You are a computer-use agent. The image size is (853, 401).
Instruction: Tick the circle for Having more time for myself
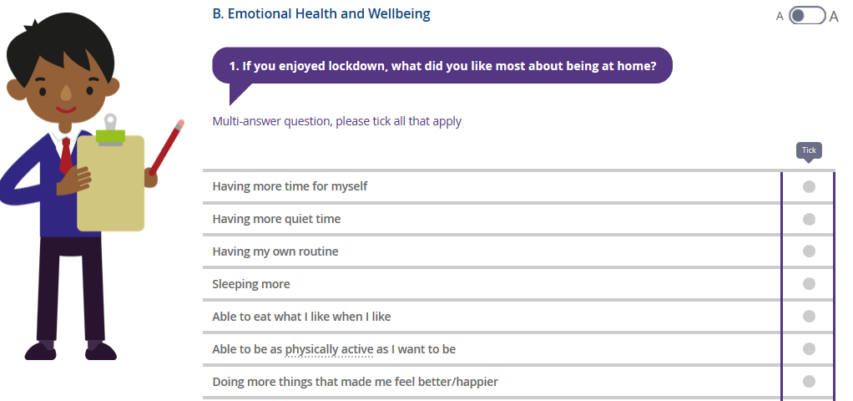tap(809, 187)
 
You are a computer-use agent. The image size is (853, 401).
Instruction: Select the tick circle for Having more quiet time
tap(809, 219)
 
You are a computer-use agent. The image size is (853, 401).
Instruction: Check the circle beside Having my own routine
tap(809, 251)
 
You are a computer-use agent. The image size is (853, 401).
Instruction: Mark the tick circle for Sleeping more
tap(809, 284)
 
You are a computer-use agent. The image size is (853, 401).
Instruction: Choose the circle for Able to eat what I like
tap(809, 316)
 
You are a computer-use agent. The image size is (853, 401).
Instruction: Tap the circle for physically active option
tap(809, 348)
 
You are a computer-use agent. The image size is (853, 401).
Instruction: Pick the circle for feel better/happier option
tap(809, 382)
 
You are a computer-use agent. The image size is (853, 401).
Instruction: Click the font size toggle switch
tap(807, 16)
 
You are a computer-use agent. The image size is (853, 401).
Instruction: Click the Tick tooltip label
tap(809, 150)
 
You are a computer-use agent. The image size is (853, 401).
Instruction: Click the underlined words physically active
tap(329, 349)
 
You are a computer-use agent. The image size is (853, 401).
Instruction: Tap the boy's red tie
tap(66, 155)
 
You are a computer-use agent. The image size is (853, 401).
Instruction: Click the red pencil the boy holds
tap(166, 147)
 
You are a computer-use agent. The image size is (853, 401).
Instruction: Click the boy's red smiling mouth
tap(66, 109)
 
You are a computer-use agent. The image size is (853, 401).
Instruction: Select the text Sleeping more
tap(250, 284)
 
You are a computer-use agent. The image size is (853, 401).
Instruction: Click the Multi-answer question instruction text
tap(336, 121)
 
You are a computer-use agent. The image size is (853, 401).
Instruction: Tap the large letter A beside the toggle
tap(834, 17)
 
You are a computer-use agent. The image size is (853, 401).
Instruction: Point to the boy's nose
tap(66, 93)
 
